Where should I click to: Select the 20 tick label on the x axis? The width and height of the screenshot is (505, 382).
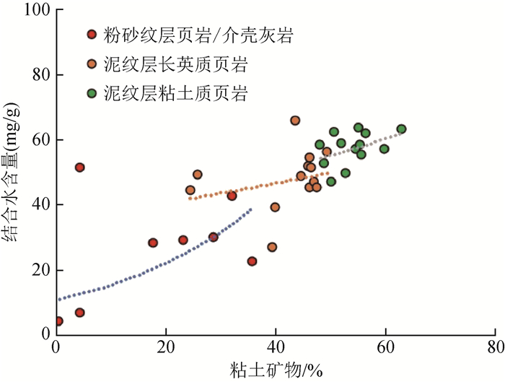pos(166,347)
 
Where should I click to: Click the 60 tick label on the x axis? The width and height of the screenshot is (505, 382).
pos(385,347)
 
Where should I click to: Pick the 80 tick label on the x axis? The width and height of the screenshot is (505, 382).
pos(495,347)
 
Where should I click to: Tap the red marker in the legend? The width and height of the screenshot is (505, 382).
pos(92,35)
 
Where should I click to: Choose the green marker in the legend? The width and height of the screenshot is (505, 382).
pos(92,93)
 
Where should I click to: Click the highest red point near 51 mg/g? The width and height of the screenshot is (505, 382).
pos(79,168)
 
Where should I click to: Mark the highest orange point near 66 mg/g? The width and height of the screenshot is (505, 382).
pos(295,121)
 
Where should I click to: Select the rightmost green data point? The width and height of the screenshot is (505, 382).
pos(401,129)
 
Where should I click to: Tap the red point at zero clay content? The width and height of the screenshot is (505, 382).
pos(58,321)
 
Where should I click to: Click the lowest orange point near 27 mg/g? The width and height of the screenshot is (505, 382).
pos(272,247)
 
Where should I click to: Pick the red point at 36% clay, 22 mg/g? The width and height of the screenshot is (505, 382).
pos(252,261)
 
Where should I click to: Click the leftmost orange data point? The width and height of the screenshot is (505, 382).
pos(190,191)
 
